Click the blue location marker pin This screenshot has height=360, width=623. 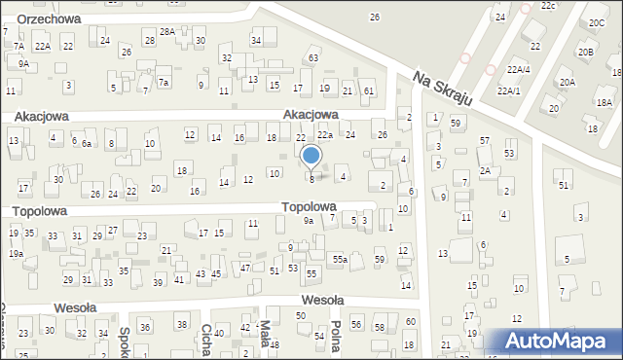coord(311,156)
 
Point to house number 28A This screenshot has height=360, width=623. coord(167,32)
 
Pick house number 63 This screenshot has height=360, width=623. coord(313,58)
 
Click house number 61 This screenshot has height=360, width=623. coord(368,90)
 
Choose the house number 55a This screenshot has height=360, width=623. coord(340,259)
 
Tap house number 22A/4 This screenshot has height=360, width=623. coord(518,69)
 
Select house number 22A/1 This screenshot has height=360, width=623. coord(508,90)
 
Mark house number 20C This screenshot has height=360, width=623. coord(596,22)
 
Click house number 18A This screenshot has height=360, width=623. coord(605,102)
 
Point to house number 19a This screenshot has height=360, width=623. coord(16,253)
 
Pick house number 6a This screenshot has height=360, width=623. coord(87,144)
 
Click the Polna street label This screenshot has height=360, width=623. coord(334,336)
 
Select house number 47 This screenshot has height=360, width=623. coord(245,267)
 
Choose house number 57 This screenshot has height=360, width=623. coord(484,141)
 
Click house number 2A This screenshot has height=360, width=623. coord(484,170)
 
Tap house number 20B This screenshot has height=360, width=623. coord(585,53)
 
